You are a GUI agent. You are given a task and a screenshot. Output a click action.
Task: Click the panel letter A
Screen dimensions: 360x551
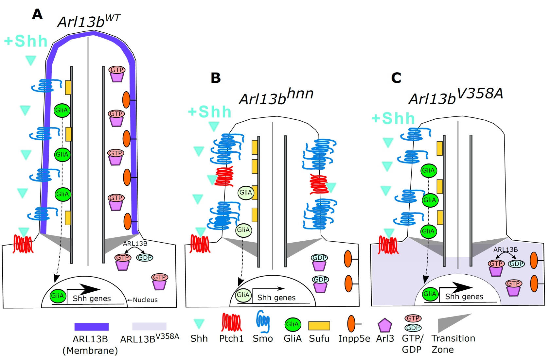pos(37,14)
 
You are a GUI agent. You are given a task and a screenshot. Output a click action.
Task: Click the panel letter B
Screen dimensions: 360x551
pos(216,78)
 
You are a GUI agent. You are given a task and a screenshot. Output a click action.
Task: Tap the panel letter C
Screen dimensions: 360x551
pos(396,78)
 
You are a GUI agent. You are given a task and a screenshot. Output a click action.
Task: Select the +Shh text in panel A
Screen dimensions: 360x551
pos(26,41)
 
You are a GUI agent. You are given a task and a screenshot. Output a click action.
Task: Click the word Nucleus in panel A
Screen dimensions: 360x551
pos(145,300)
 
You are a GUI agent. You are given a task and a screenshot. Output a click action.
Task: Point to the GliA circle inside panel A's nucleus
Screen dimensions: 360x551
pos(58,296)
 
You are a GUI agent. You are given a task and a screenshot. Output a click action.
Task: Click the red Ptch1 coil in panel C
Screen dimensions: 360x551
pos(388,245)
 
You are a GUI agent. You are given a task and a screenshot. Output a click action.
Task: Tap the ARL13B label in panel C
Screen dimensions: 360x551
pos(505,249)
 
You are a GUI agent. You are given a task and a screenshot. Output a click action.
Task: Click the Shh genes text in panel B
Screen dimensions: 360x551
pos(276,298)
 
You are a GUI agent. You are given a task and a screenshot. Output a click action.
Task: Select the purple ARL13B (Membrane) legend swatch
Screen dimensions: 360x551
pos(91,327)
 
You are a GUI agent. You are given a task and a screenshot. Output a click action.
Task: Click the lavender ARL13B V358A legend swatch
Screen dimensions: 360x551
pos(149,326)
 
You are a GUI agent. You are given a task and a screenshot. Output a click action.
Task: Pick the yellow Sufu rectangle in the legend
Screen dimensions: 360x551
pos(319,326)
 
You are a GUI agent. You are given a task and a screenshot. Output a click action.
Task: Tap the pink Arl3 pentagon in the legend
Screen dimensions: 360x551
pos(384,325)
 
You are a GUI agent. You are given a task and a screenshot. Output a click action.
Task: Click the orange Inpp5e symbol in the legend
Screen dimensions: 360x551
pos(351,324)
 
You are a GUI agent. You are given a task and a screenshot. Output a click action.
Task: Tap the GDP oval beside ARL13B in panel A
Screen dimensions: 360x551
pos(145,257)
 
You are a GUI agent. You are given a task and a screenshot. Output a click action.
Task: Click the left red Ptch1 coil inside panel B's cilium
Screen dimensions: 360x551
pos(224,176)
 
